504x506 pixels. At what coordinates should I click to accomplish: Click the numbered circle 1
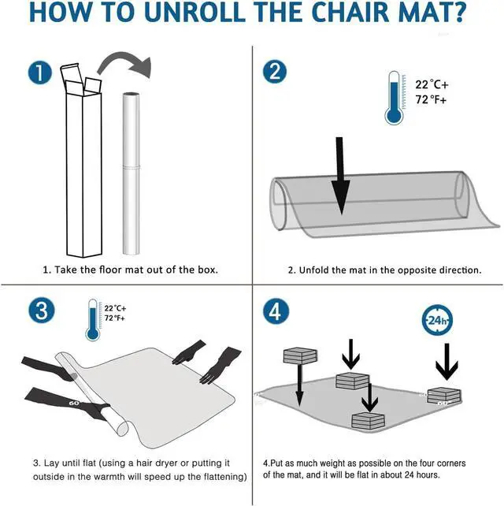(40, 73)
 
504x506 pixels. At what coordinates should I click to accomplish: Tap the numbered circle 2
(275, 71)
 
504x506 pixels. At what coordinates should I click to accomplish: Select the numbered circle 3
(42, 311)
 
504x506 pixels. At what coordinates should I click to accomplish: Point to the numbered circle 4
(276, 311)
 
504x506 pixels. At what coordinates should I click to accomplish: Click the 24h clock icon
(437, 320)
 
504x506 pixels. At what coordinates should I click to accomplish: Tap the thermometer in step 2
(394, 98)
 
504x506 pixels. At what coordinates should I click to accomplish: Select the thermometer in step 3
(93, 320)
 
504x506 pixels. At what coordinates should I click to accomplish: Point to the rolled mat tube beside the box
(132, 173)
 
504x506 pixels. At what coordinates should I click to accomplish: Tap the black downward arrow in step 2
(340, 176)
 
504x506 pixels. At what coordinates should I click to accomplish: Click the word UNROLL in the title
(197, 13)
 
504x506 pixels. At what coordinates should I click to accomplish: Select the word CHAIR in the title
(350, 13)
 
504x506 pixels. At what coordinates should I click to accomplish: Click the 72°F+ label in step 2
(431, 100)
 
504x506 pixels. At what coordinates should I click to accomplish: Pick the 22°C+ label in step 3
(115, 308)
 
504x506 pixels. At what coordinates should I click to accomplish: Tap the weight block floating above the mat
(300, 355)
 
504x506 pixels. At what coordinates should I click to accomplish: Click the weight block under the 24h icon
(444, 396)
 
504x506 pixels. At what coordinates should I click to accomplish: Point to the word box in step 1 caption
(206, 270)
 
